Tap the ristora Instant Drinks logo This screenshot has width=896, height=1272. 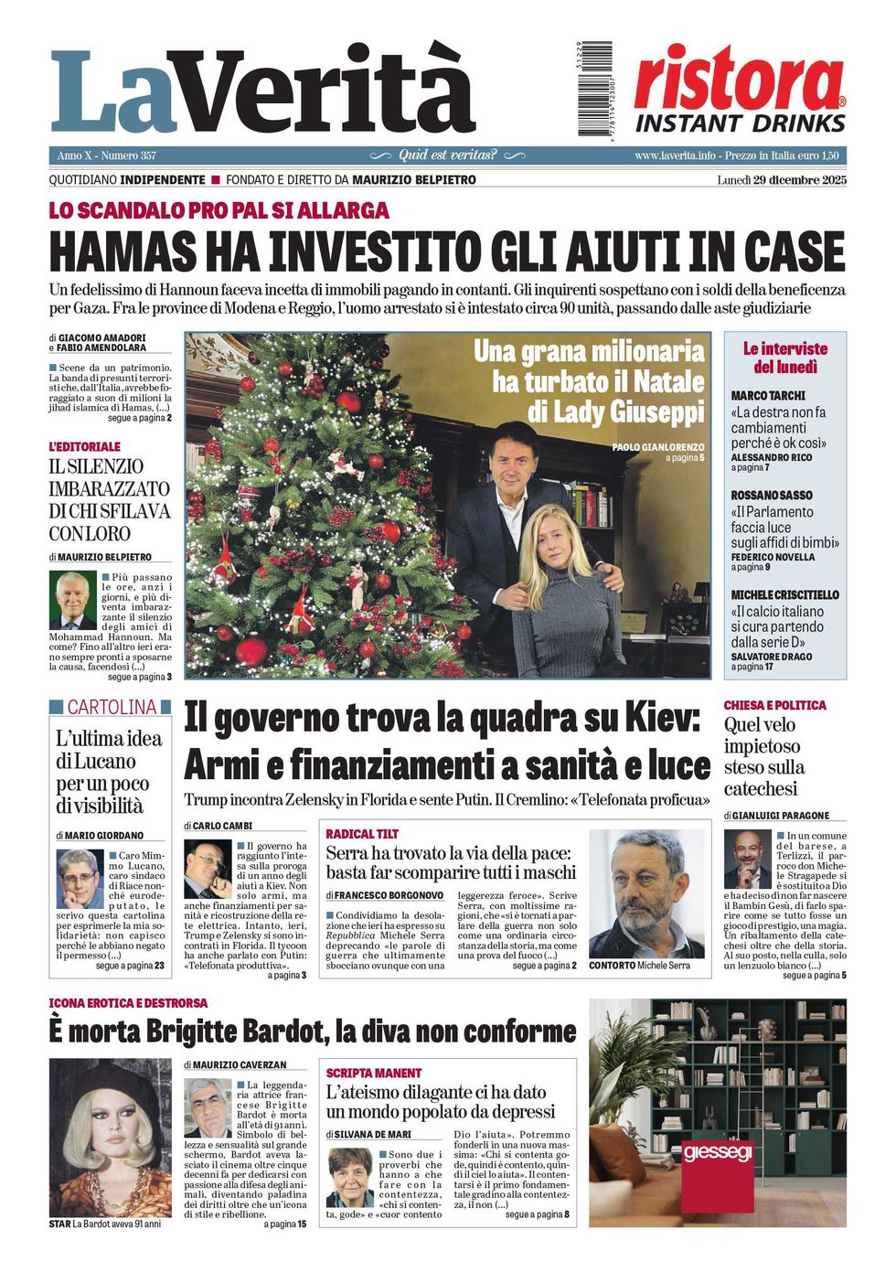pos(740,90)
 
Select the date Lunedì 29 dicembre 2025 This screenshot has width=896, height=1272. pos(782,180)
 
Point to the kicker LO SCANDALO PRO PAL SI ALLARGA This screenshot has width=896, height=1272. pos(219,210)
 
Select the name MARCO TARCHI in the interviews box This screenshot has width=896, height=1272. pos(768,396)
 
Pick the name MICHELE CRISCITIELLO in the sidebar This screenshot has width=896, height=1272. pos(784,595)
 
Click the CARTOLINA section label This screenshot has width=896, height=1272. pos(111,707)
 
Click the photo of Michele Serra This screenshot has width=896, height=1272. pos(646,893)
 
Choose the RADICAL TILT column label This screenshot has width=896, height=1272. pos(362,834)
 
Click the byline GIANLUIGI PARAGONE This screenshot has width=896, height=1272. pos(781,815)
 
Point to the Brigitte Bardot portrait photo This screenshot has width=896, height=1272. pos(110,1137)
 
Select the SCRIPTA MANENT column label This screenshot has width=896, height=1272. pos(374,1073)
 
